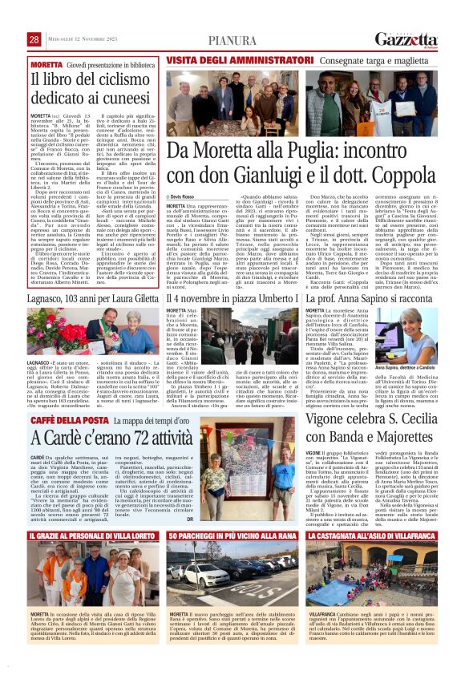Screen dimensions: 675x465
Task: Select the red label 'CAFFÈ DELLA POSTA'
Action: pos(61,421)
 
